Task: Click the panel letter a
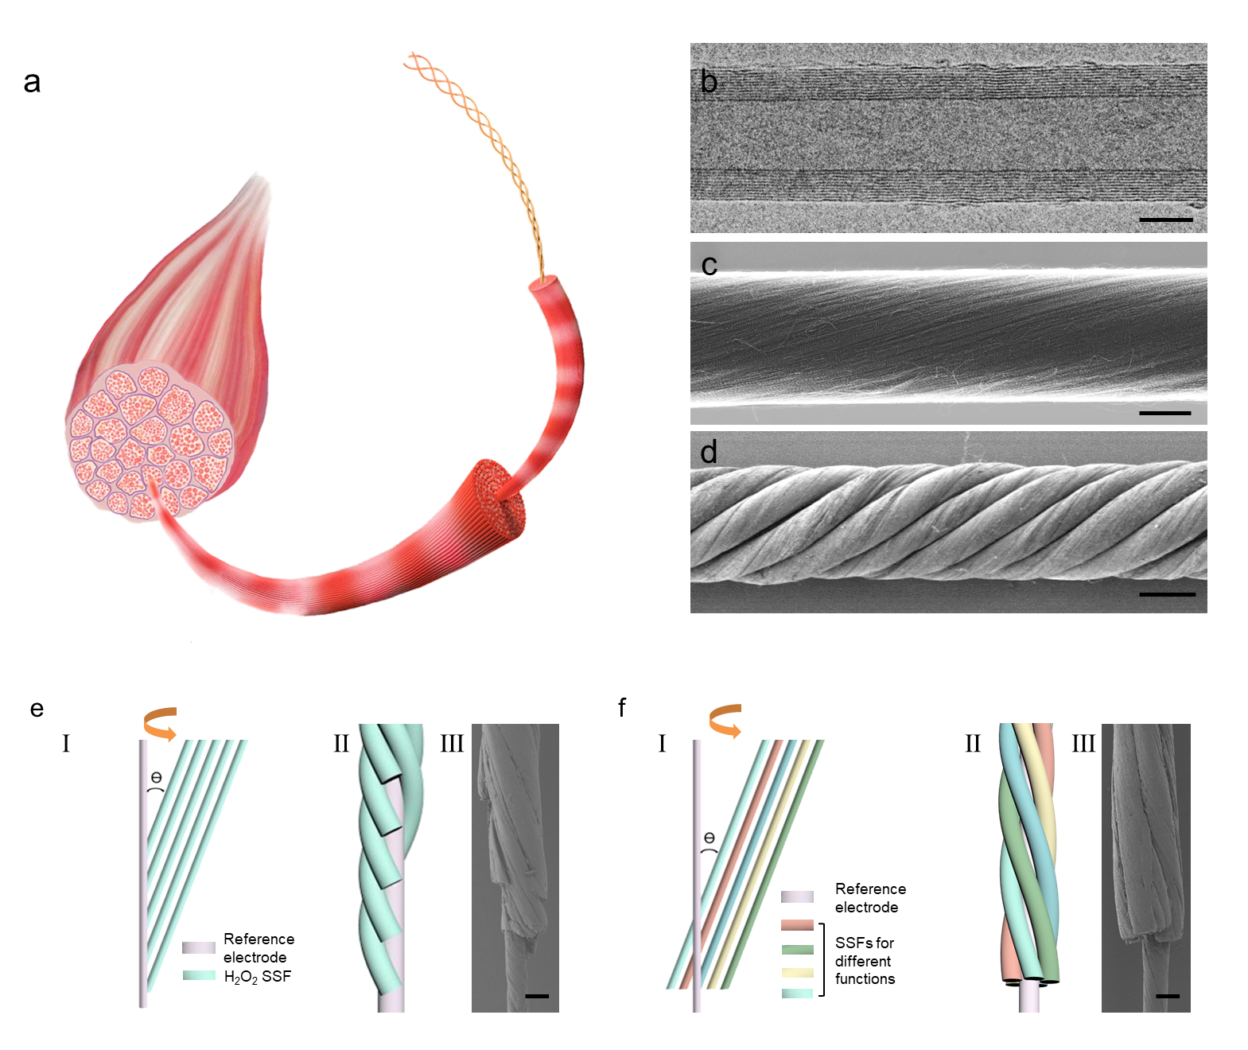[x=32, y=82]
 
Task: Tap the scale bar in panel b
[x=1165, y=220]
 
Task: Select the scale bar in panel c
[x=1164, y=413]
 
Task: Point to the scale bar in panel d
[x=1167, y=594]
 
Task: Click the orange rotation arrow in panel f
[x=725, y=720]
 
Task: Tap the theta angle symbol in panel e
[x=156, y=777]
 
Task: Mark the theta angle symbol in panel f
[x=710, y=838]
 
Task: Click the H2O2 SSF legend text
[x=258, y=977]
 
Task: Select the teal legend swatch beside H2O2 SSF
[x=199, y=975]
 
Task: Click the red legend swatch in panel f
[x=797, y=925]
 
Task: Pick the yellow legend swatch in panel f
[x=797, y=972]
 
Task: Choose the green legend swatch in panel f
[x=797, y=949]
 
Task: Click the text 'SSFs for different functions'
[x=865, y=961]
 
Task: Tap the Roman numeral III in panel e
[x=452, y=744]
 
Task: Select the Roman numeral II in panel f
[x=973, y=744]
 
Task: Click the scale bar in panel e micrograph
[x=537, y=996]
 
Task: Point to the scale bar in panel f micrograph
[x=1167, y=996]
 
